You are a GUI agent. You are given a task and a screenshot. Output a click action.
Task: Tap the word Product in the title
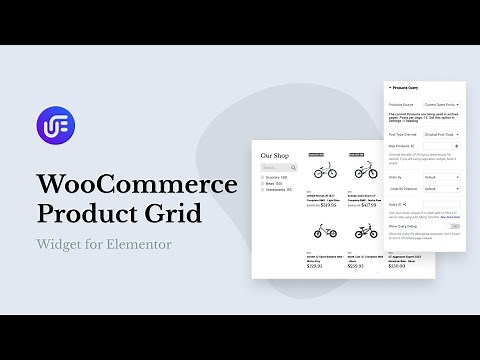pos(91,213)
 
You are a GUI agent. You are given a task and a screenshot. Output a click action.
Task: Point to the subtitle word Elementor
pos(144,244)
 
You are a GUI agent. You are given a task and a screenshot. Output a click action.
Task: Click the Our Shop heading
pos(274,155)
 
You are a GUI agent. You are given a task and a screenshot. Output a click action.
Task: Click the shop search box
pos(273,167)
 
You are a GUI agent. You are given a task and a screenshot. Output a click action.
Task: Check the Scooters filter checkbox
pos(262,177)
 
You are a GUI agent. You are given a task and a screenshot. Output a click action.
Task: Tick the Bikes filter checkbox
pos(262,184)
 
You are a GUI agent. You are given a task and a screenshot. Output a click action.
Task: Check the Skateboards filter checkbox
pos(262,191)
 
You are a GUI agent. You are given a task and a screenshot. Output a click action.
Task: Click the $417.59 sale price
pos(368,204)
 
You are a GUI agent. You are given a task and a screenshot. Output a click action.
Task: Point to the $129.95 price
pos(315,265)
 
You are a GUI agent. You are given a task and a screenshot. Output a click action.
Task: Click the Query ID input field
pos(441,204)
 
